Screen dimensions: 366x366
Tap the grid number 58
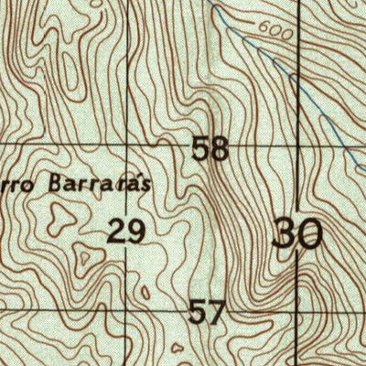(x=210, y=148)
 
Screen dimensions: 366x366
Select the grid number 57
(x=207, y=314)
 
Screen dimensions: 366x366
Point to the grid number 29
(x=126, y=231)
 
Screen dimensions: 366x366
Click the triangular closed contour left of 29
(x=62, y=218)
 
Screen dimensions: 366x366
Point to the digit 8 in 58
(x=220, y=148)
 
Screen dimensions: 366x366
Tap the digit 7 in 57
(x=215, y=314)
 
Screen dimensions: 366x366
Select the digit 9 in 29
(x=135, y=231)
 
